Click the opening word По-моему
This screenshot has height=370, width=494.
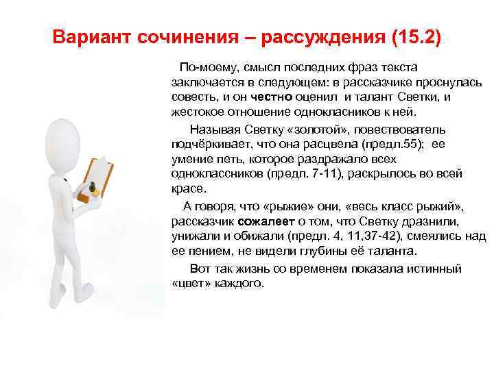[203, 67]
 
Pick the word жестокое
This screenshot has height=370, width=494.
[196, 112]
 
